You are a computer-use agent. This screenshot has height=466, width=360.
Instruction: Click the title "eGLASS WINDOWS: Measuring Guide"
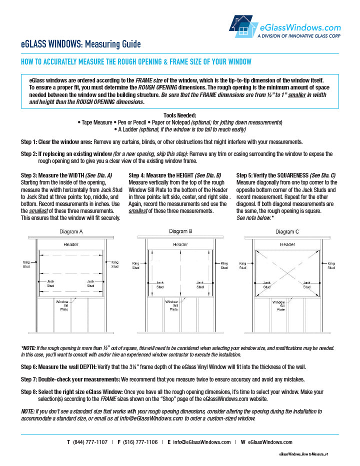click(80, 44)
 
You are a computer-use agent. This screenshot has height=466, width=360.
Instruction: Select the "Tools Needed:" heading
click(179, 115)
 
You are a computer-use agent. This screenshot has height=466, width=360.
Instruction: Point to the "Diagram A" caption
click(71, 231)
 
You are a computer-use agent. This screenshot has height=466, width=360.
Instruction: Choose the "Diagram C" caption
click(287, 231)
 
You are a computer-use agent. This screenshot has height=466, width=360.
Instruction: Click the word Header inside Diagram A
click(70, 244)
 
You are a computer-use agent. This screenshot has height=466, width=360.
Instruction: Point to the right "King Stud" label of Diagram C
click(331, 265)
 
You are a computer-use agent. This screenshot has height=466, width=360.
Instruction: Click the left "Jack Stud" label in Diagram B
click(160, 284)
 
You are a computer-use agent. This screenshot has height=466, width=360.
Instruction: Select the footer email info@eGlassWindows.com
click(201, 442)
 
